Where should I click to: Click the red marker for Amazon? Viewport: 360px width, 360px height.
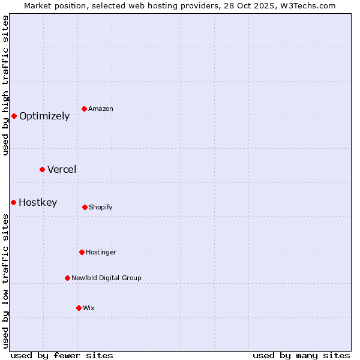pos(85,109)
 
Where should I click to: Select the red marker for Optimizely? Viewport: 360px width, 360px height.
pos(14,116)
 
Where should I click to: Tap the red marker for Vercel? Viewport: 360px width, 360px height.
pos(42,169)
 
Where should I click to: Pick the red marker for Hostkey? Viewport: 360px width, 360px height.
pos(13,202)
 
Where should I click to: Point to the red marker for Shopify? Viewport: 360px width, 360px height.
pos(85,207)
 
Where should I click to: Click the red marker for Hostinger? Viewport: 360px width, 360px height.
pos(82,252)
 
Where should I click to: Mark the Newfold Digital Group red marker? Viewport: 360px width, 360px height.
pos(67,278)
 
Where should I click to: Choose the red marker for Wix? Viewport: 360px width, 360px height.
pos(79,308)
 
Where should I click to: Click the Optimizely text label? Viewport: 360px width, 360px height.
pos(44,116)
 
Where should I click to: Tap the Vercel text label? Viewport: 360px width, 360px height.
pos(62,170)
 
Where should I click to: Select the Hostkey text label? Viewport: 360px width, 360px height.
pos(38,203)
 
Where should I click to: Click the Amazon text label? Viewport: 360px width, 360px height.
pos(101,109)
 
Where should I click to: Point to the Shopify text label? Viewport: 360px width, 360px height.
pos(101,208)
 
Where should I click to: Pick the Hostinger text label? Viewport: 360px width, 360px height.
pos(101,253)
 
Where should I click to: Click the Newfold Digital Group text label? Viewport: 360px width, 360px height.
pos(106,278)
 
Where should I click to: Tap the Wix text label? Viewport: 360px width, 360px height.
pos(89,308)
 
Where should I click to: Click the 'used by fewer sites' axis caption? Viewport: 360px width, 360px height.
pos(62,355)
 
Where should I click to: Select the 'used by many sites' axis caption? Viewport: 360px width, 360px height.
pos(301,355)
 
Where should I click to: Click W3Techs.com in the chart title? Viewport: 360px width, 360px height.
pos(307,5)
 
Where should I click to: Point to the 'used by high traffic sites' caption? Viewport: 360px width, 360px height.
pos(5,85)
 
